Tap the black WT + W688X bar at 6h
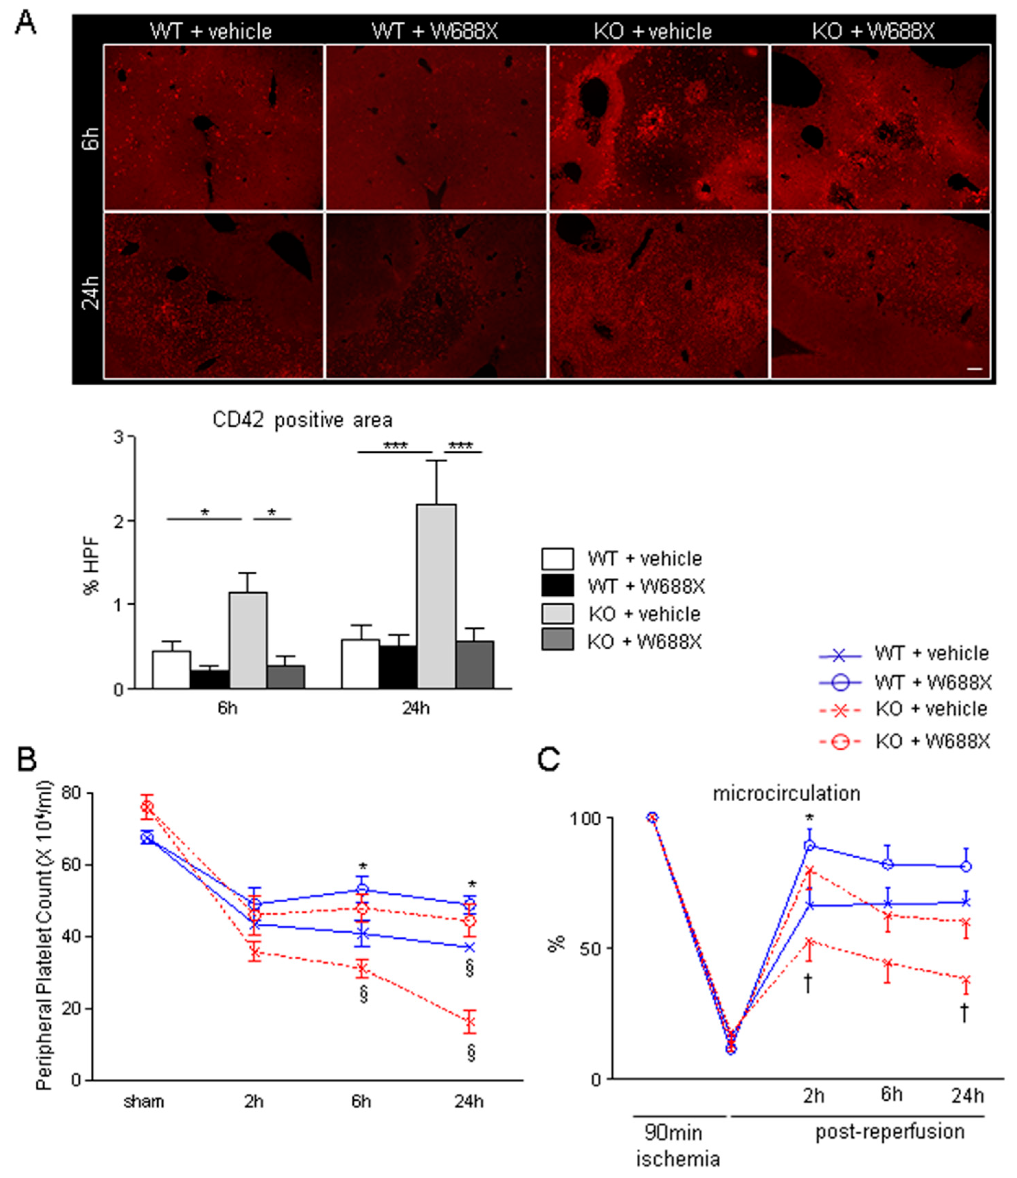pyautogui.click(x=210, y=679)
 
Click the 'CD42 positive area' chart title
pyautogui.click(x=302, y=420)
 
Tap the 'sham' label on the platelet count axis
pyautogui.click(x=144, y=1102)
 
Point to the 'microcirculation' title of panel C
pyautogui.click(x=786, y=793)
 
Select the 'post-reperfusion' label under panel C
pyautogui.click(x=890, y=1131)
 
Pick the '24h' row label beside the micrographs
pyautogui.click(x=91, y=293)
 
